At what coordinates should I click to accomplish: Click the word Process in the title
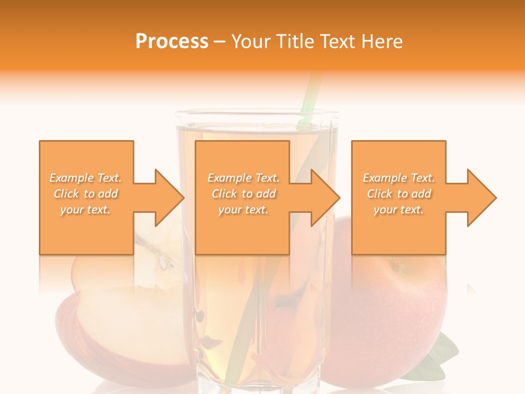pos(172,42)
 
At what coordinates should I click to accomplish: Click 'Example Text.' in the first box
pos(86,178)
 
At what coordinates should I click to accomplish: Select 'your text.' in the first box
pos(86,210)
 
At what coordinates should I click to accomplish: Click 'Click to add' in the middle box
pos(243,194)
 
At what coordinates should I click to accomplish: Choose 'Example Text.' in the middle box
pos(243,178)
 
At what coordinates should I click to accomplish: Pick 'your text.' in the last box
pos(399,210)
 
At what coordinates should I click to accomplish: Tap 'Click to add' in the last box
pos(399,194)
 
